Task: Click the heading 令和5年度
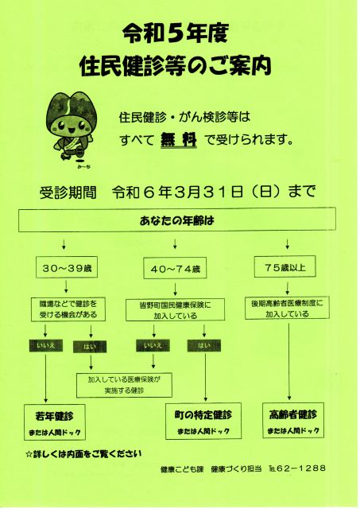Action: tap(176, 34)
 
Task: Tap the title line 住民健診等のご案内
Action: tap(176, 65)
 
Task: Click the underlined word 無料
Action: tap(179, 140)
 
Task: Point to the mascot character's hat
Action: tap(68, 108)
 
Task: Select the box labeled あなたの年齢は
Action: tap(177, 220)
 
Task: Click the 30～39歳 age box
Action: tap(67, 268)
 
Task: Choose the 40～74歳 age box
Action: tap(176, 269)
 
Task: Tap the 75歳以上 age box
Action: tap(285, 267)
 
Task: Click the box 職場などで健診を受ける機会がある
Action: tap(68, 309)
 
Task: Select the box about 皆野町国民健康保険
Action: tap(175, 310)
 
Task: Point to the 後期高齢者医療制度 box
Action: tap(287, 308)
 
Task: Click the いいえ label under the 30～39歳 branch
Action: tap(46, 346)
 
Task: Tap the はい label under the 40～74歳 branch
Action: tap(204, 346)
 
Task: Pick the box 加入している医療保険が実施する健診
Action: tap(124, 385)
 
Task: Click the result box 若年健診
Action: tap(55, 422)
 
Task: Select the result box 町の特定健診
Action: tap(203, 421)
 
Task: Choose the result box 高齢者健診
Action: tap(293, 421)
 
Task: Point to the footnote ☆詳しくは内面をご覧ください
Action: tap(83, 454)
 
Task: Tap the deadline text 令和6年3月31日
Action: tap(178, 192)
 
